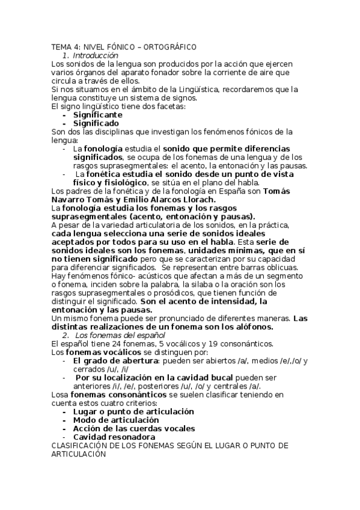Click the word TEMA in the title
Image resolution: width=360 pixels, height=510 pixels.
point(61,46)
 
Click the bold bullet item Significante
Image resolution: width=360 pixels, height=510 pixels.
point(98,114)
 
